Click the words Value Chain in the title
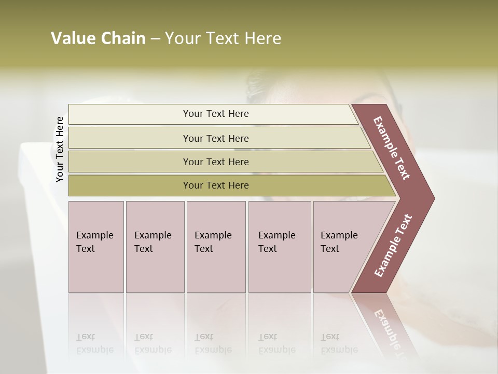[98, 38]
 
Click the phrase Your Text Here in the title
[223, 38]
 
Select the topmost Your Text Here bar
[215, 114]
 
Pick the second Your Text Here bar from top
[215, 138]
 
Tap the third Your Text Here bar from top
[215, 162]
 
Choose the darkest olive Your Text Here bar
[215, 185]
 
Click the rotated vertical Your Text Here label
[60, 149]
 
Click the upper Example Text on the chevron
[392, 148]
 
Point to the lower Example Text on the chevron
[393, 245]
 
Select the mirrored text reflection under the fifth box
[338, 343]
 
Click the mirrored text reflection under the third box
[213, 343]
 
